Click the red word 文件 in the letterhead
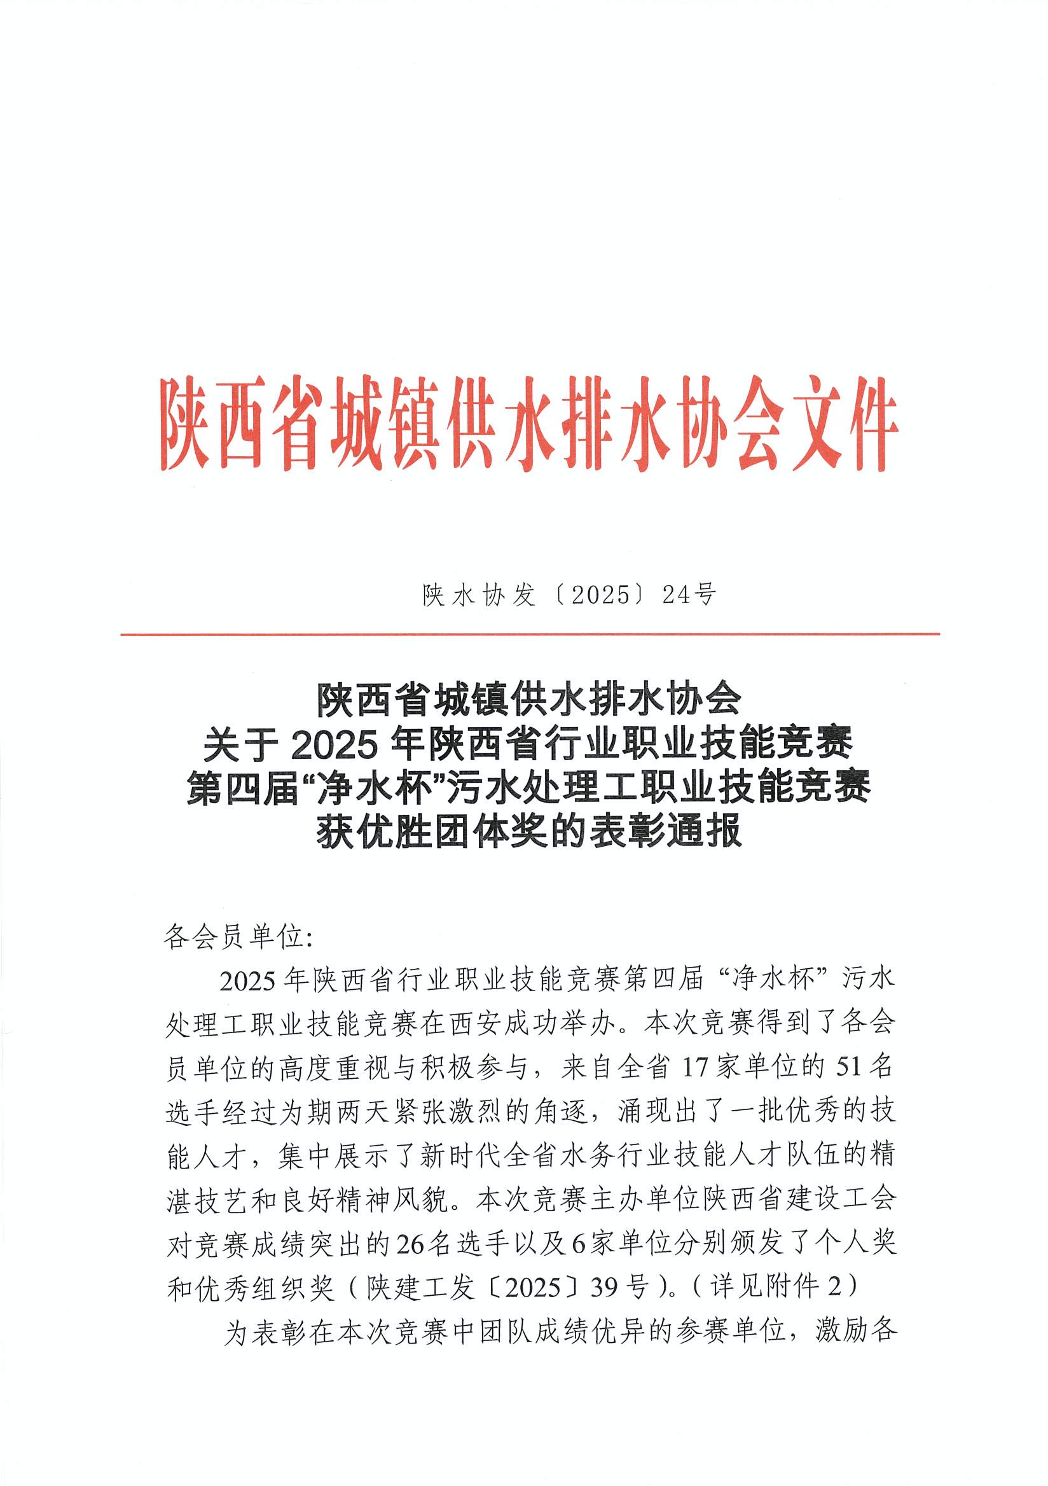845,425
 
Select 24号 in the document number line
689,595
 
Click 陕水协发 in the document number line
479,595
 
